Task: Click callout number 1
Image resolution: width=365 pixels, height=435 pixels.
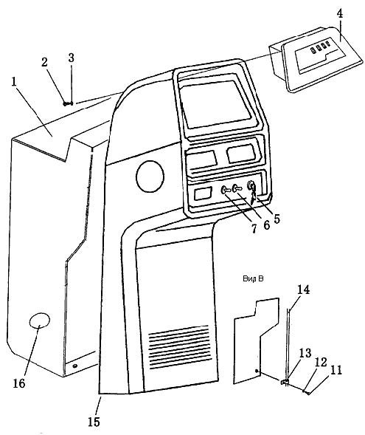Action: [14, 82]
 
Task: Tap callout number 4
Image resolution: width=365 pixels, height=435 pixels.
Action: [340, 13]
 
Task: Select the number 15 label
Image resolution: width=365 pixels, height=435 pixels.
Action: [94, 422]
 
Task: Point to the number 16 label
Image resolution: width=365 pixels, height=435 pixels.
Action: [19, 383]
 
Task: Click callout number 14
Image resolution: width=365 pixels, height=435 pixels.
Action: [303, 290]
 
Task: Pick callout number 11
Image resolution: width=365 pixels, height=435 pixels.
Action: [336, 371]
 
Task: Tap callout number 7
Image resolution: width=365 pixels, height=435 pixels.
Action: [254, 229]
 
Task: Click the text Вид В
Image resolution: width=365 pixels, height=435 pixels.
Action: [253, 278]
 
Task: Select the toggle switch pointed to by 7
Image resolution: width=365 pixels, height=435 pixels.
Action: [226, 190]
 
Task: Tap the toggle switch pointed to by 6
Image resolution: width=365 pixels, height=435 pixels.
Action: [238, 188]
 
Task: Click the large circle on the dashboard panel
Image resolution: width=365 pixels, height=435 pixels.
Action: [150, 177]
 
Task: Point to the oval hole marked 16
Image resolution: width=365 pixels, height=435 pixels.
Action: [40, 321]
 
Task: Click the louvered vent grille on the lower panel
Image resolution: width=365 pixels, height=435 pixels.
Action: [179, 347]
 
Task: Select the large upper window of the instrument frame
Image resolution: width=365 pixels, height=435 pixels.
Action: [215, 104]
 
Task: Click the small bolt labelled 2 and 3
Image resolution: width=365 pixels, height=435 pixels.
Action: [68, 103]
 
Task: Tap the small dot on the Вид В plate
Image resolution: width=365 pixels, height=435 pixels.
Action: [257, 371]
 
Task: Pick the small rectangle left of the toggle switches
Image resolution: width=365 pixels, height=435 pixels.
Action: [203, 193]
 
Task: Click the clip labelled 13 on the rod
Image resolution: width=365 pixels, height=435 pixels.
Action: [285, 382]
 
